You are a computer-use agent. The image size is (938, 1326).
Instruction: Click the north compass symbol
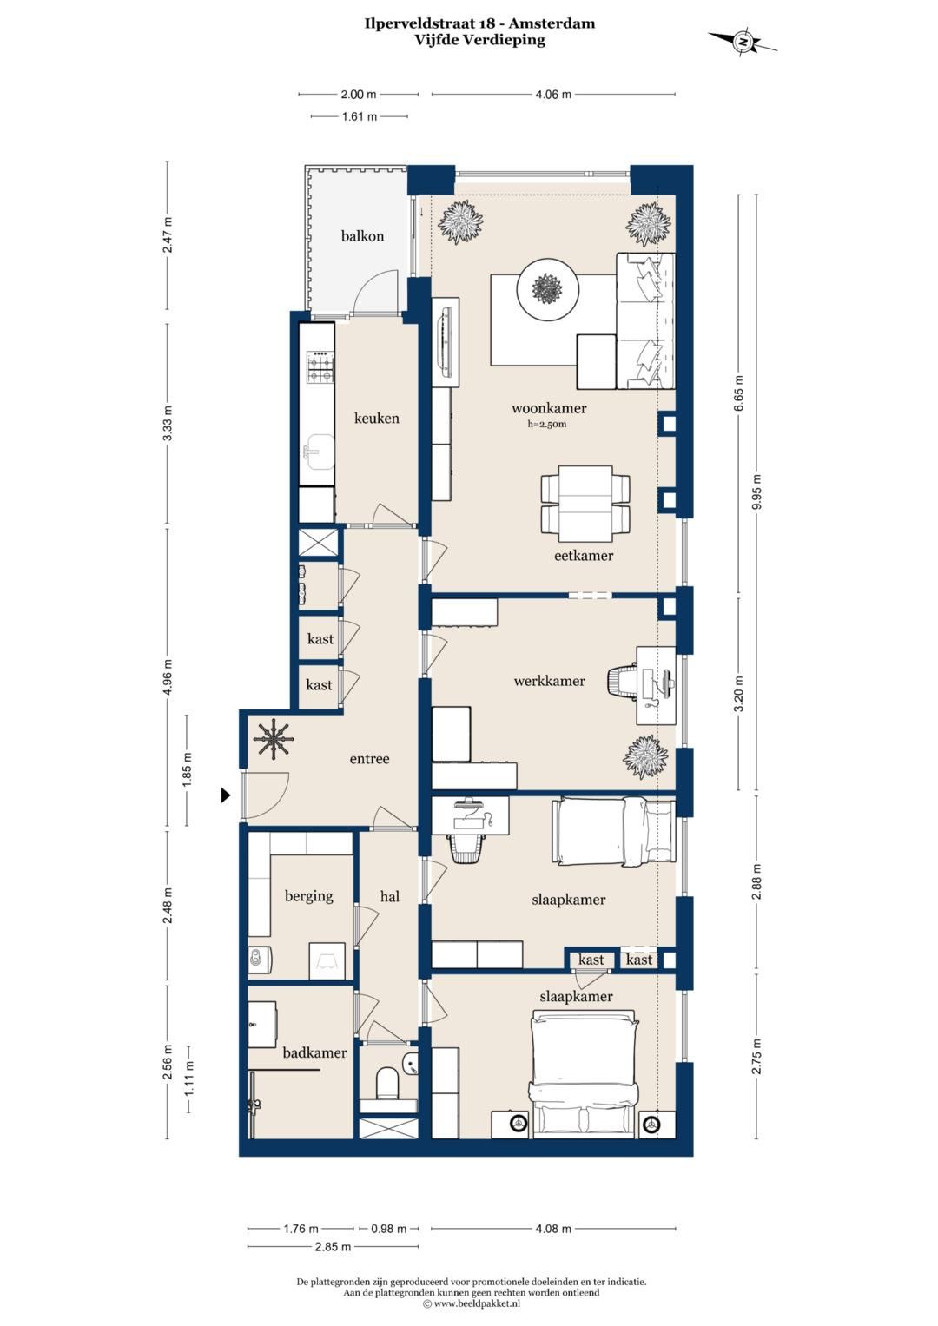tap(742, 42)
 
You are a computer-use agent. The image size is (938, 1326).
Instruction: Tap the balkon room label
tap(362, 236)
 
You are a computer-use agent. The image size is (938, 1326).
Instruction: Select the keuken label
tap(377, 419)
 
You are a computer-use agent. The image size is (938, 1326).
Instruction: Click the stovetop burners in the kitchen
tap(320, 367)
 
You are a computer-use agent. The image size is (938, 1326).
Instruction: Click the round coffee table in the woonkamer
tap(547, 289)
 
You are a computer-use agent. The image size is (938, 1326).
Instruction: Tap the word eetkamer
tap(584, 556)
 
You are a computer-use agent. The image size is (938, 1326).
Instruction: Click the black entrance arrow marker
tap(226, 795)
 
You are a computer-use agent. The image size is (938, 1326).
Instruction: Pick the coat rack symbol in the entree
tap(274, 739)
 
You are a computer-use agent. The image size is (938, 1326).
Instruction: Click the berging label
tap(308, 896)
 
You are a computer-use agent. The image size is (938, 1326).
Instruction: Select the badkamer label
tap(314, 1052)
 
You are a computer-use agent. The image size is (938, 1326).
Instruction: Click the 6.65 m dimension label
tap(738, 393)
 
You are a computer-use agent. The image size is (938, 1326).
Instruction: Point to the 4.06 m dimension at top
tap(553, 94)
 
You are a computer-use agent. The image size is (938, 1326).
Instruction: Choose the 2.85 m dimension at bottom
tap(333, 1247)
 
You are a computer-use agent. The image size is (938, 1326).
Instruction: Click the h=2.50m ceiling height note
tap(546, 424)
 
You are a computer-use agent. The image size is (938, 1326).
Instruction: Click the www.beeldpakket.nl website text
tap(476, 1303)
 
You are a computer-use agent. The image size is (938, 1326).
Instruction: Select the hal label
tap(390, 897)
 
